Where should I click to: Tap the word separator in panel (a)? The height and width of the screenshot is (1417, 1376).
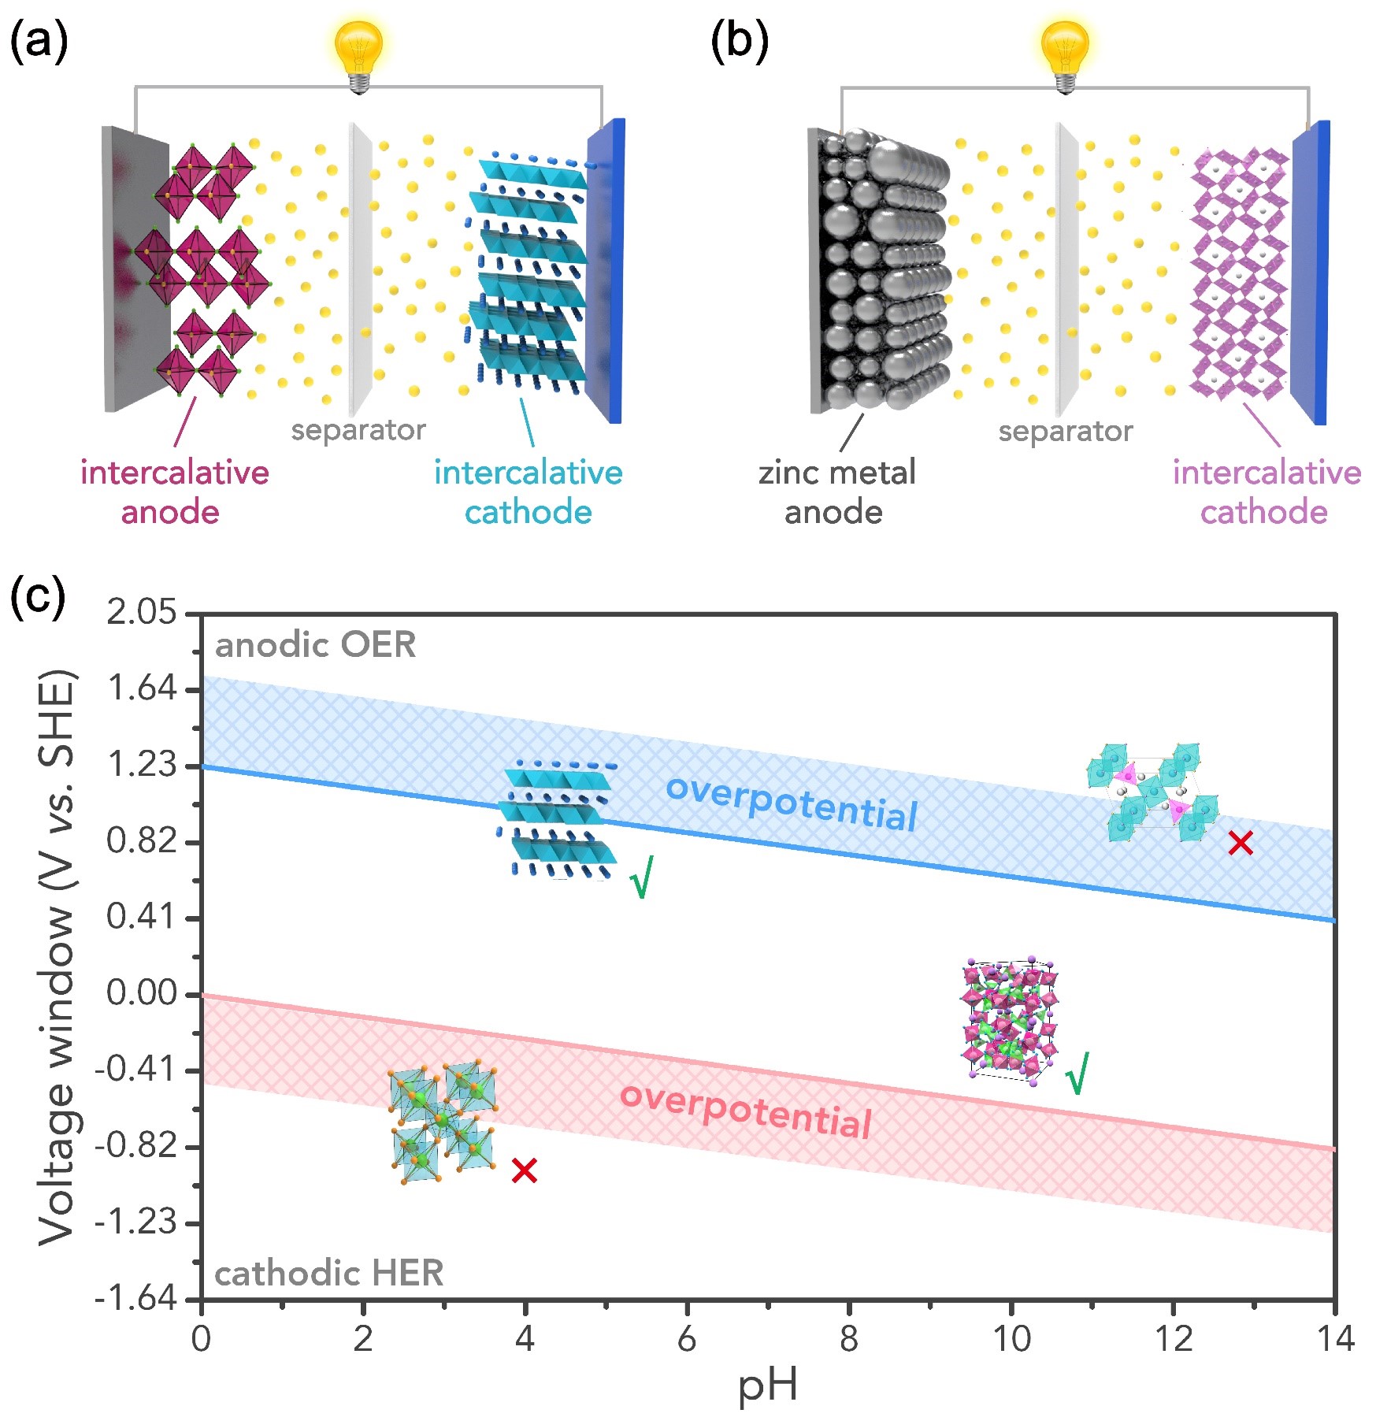pos(358,430)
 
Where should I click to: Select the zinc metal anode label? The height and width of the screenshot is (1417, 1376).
pos(836,492)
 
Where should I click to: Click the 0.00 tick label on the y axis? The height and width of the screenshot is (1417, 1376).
pos(142,993)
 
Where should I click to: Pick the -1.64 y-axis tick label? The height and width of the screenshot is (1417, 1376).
pos(135,1297)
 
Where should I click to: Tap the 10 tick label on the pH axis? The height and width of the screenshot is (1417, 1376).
pos(1011,1338)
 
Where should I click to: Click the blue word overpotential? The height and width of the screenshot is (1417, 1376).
pos(792,803)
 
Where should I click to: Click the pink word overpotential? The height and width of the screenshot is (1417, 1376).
pos(746,1111)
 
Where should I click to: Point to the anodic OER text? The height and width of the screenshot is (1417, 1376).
pos(315,645)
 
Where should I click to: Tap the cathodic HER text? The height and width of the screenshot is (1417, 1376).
pos(329,1274)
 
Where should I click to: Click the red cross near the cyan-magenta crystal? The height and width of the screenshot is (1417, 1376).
pos(1241,844)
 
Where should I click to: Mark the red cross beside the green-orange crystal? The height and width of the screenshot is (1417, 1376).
pos(524,1170)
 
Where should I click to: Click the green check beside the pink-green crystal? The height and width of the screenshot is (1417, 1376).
pos(1077,1072)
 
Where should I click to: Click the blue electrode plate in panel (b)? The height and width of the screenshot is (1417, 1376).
pos(1311,272)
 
